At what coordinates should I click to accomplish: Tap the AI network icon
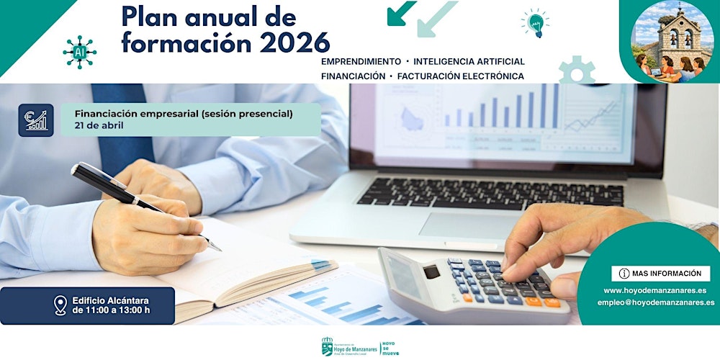(x=79, y=52)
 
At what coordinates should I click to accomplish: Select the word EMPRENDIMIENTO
(x=361, y=62)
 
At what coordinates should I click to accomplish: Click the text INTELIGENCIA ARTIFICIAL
(x=469, y=62)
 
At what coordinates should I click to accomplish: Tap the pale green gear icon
(x=577, y=71)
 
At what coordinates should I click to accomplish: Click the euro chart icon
(x=36, y=120)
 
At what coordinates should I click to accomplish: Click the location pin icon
(x=60, y=305)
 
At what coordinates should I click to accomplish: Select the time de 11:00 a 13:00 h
(x=112, y=311)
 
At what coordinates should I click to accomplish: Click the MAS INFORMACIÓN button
(x=660, y=274)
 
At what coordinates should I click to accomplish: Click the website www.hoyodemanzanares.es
(x=654, y=291)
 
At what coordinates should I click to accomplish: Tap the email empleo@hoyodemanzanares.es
(x=655, y=303)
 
